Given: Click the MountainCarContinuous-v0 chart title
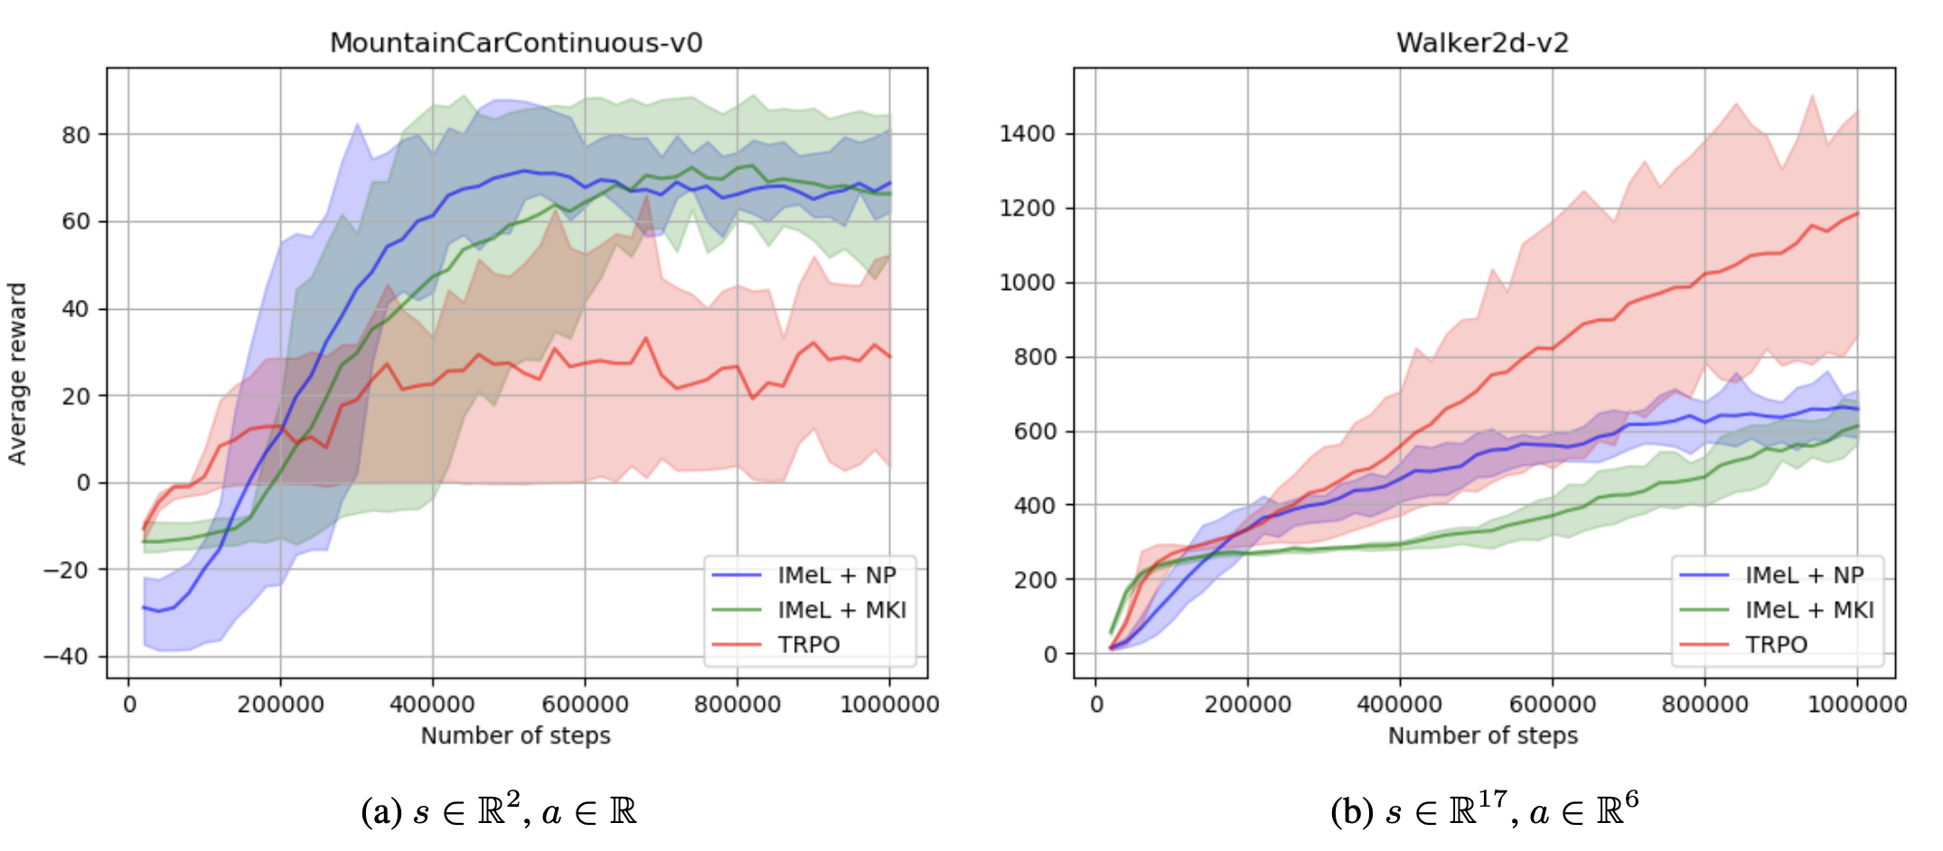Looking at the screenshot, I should pyautogui.click(x=516, y=42).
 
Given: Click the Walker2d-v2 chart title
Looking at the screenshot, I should pyautogui.click(x=1482, y=42).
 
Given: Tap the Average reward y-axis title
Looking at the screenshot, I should pyautogui.click(x=17, y=373).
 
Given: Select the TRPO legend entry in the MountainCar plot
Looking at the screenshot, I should pyautogui.click(x=809, y=645).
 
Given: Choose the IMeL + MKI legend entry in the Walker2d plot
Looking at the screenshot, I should pyautogui.click(x=1809, y=611).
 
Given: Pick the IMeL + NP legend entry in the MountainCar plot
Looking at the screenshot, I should pyautogui.click(x=837, y=575).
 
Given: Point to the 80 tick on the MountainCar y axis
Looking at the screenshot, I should pyautogui.click(x=76, y=136).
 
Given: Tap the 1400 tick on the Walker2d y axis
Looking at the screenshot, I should pyautogui.click(x=1027, y=134).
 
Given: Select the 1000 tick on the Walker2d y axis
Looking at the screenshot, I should pyautogui.click(x=1027, y=283).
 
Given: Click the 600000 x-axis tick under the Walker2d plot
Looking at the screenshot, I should pyautogui.click(x=1553, y=705).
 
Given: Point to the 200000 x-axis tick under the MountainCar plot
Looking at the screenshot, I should pyautogui.click(x=280, y=705).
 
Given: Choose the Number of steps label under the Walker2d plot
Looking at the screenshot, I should pyautogui.click(x=1482, y=735).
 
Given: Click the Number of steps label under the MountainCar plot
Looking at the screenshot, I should pyautogui.click(x=515, y=735).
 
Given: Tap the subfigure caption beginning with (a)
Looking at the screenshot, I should pyautogui.click(x=499, y=811).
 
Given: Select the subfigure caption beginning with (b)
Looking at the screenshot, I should pyautogui.click(x=1484, y=809).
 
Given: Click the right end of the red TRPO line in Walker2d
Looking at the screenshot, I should pyautogui.click(x=1857, y=213).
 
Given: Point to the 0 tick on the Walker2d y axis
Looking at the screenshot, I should pyautogui.click(x=1049, y=654).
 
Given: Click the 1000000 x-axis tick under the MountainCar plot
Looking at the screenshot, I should pyautogui.click(x=889, y=705).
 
